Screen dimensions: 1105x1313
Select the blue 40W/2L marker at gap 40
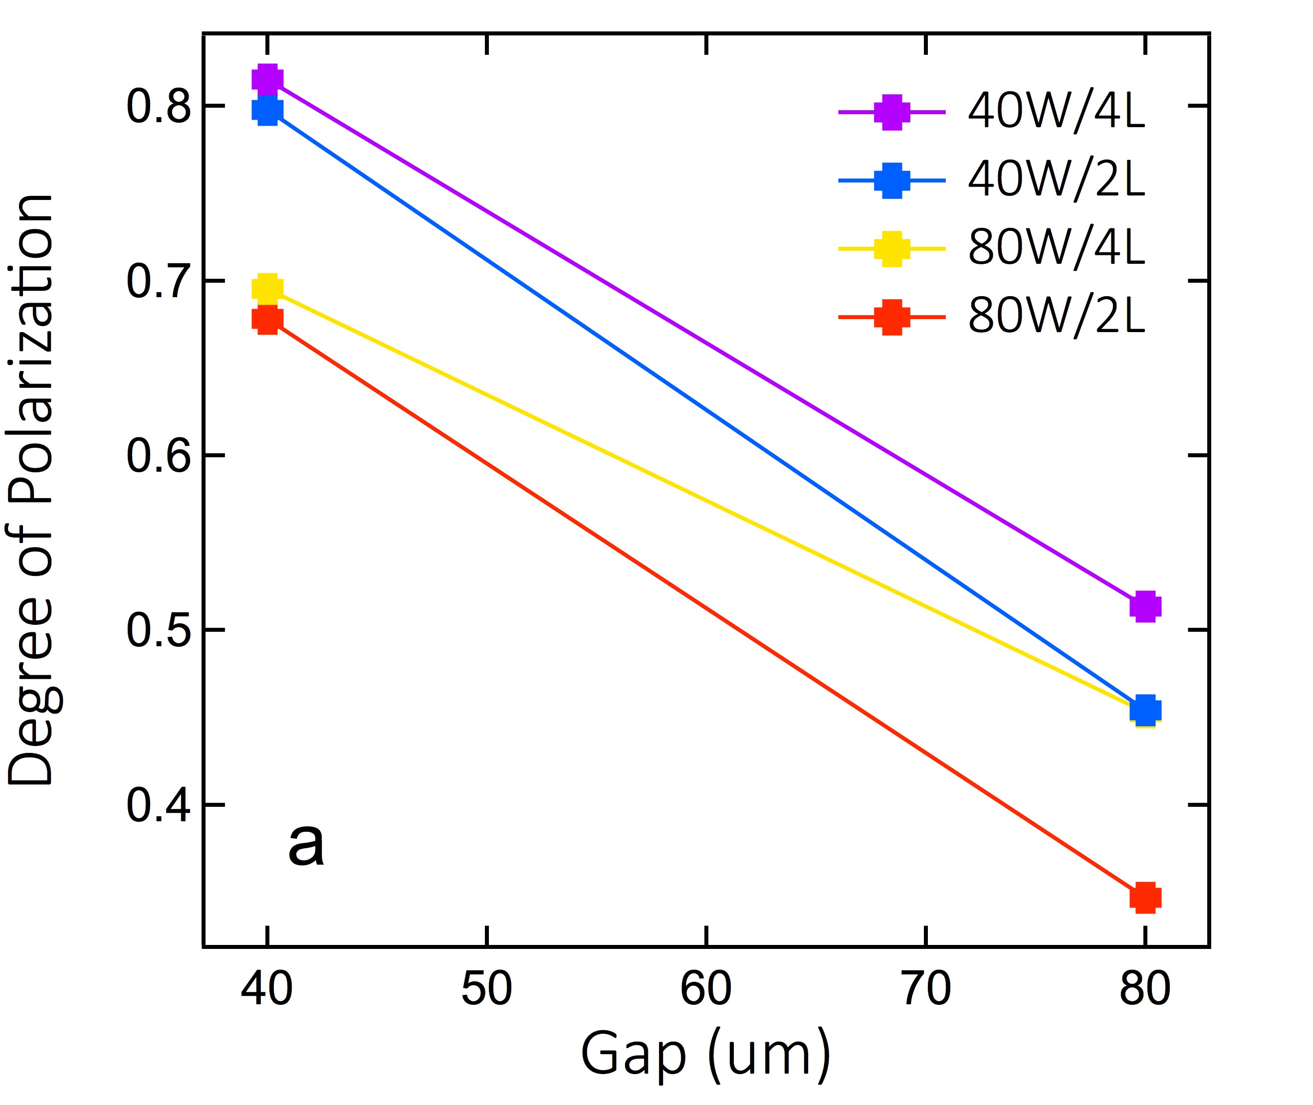(x=267, y=111)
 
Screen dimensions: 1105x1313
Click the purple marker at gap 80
(x=1145, y=606)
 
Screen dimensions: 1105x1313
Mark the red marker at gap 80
(x=1145, y=897)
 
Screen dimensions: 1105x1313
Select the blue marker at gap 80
(x=1145, y=710)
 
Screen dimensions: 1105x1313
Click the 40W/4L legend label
(x=1056, y=113)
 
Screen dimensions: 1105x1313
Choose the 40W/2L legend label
(x=1056, y=181)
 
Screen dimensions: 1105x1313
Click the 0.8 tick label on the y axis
(x=158, y=107)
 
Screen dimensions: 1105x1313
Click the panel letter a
(x=306, y=846)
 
